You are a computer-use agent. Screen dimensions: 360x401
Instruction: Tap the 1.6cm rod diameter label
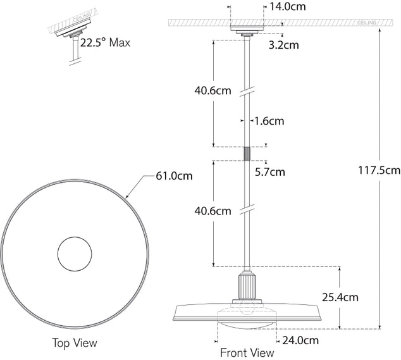click(269, 120)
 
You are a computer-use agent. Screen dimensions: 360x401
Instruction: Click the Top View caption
click(75, 343)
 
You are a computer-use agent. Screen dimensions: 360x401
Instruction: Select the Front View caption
click(247, 352)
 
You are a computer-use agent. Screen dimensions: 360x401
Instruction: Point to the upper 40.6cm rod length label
click(213, 90)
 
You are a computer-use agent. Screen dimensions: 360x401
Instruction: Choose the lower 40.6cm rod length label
click(213, 211)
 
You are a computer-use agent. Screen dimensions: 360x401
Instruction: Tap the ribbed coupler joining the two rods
click(247, 154)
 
